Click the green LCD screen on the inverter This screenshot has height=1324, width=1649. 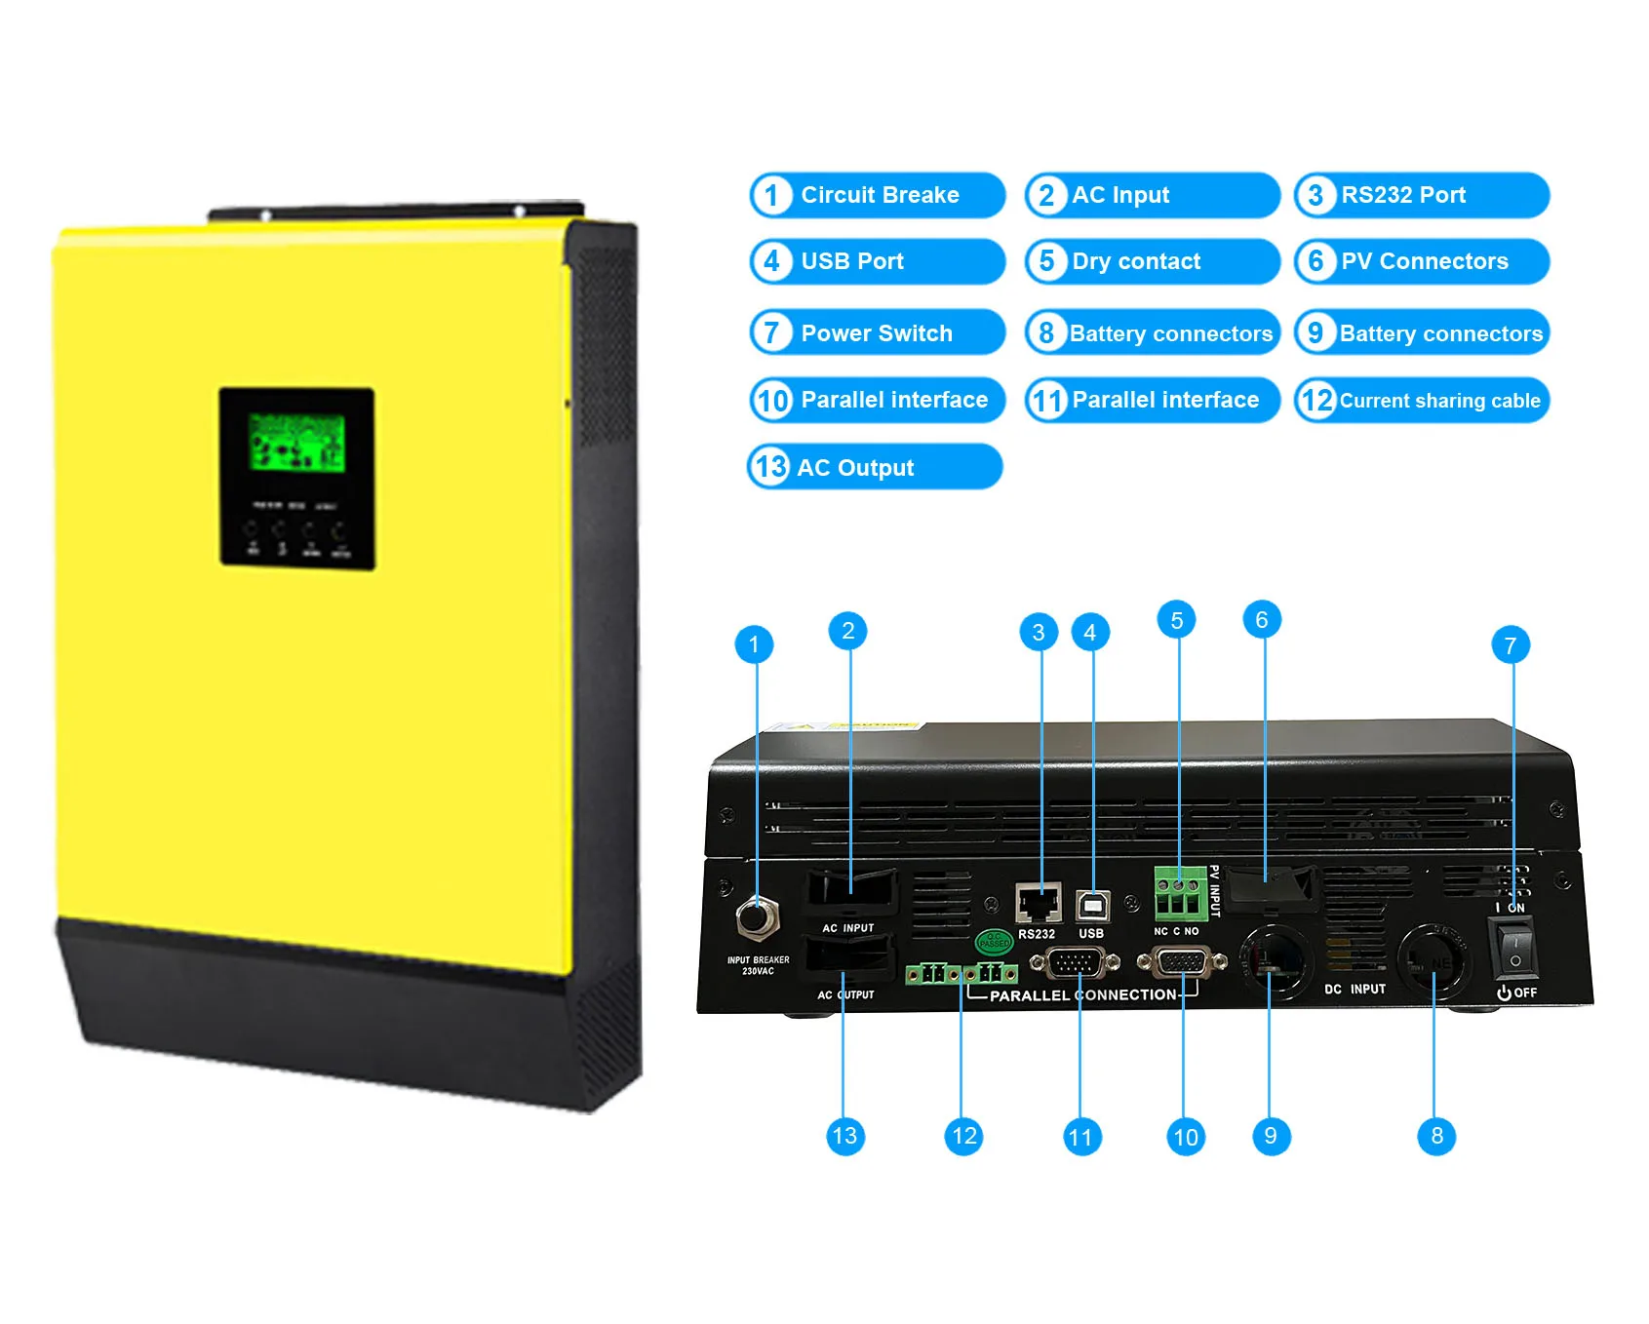[296, 443]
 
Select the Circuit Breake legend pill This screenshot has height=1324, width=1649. [877, 195]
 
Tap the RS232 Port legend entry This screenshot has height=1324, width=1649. [1421, 195]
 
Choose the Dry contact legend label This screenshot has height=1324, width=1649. [1152, 261]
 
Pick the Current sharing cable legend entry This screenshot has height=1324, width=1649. [1421, 401]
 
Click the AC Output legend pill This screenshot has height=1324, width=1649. [874, 468]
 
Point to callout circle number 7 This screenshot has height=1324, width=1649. [1510, 645]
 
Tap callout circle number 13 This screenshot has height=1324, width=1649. [844, 1136]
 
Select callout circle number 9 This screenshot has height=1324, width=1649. [1270, 1136]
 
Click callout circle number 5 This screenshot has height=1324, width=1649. [1176, 621]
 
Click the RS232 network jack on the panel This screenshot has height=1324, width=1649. [1038, 904]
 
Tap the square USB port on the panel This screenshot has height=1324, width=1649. [1091, 907]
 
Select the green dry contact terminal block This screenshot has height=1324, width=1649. [1180, 894]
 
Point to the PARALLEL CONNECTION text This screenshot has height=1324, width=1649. [1082, 995]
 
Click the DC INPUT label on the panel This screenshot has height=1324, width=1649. [1354, 990]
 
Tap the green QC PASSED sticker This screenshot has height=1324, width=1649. [994, 941]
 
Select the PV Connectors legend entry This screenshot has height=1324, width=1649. [1421, 261]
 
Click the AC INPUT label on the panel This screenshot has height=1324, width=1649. [847, 928]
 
